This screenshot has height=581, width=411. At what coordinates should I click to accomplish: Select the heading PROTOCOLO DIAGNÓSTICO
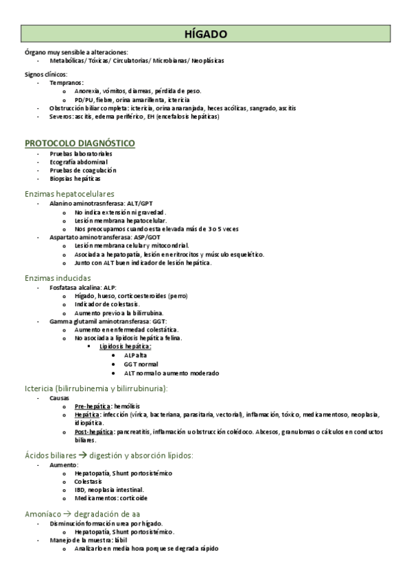click(80, 143)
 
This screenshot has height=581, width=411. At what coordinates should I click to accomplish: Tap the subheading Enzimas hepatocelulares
click(69, 194)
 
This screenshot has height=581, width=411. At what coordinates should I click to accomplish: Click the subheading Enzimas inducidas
click(58, 278)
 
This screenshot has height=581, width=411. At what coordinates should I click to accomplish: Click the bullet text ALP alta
click(135, 356)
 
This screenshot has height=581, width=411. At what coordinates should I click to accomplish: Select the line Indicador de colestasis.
click(107, 304)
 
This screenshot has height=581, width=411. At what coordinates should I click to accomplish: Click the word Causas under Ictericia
click(60, 397)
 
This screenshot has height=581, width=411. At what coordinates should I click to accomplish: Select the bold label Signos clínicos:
click(45, 73)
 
